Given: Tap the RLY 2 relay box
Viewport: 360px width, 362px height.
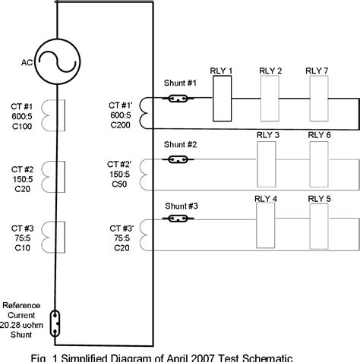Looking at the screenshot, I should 270,98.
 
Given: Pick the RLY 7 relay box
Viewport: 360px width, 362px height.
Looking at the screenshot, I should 317,98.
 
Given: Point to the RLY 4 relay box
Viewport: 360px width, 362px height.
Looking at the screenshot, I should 267,223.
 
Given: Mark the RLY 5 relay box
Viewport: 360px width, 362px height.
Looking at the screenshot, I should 318,223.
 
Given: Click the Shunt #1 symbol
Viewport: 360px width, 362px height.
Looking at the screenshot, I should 179,98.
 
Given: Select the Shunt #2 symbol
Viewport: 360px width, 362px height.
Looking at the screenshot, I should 179,159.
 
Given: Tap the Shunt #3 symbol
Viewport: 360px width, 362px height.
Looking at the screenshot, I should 179,219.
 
